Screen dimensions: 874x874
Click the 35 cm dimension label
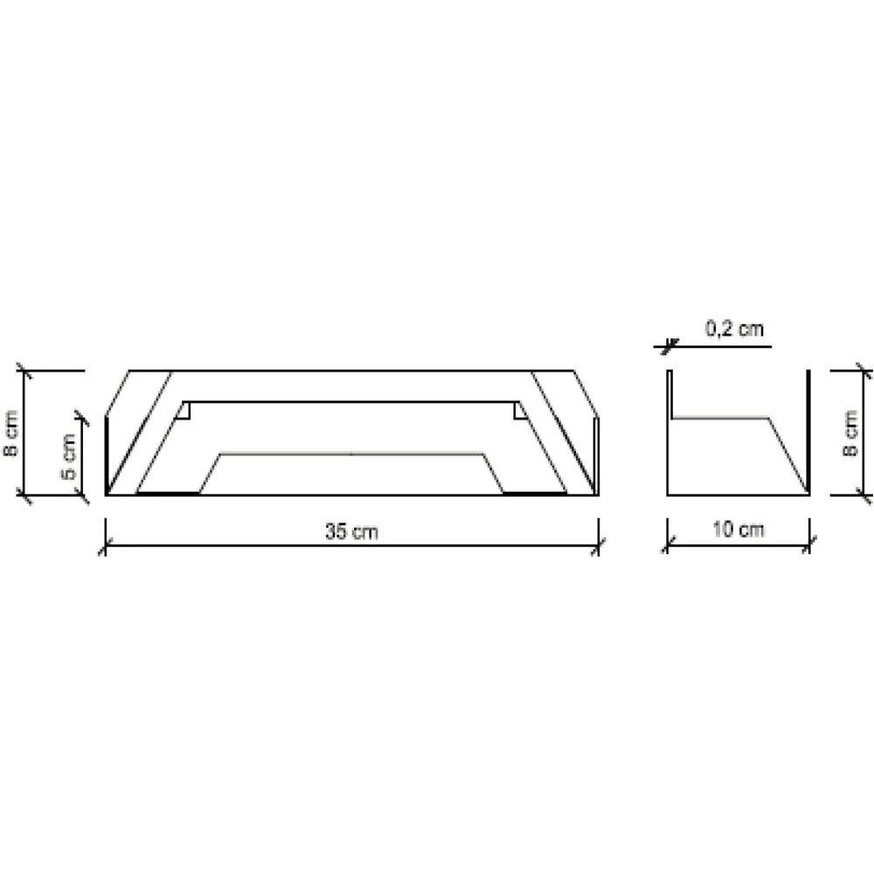(351, 531)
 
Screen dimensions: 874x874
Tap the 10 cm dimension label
(738, 529)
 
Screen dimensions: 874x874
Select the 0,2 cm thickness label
(735, 329)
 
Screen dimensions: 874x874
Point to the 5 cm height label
(68, 456)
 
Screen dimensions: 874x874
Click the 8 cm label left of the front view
(10, 434)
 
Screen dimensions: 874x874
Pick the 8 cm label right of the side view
(850, 434)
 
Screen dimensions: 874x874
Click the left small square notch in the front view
(184, 412)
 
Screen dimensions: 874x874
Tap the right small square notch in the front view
(520, 412)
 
